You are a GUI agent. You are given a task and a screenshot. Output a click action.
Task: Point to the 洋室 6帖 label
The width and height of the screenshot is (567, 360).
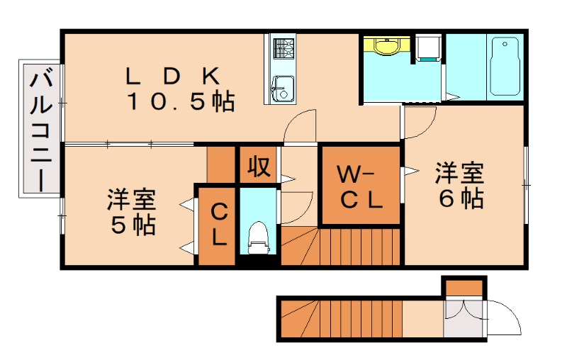coord(459,186)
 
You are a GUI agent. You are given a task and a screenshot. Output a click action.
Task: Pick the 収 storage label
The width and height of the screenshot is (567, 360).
coord(258,166)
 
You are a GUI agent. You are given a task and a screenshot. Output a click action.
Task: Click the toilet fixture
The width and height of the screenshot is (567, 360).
coord(258,237)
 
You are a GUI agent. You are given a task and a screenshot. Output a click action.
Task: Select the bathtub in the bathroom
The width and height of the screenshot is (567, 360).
coord(505,68)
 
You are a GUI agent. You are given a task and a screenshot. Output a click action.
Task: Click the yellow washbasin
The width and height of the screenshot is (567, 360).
coord(386,47)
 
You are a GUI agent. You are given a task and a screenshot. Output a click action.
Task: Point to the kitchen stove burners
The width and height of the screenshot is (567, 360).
coord(283,49)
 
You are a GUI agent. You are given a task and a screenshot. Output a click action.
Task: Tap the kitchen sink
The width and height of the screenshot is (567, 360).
coord(282,89)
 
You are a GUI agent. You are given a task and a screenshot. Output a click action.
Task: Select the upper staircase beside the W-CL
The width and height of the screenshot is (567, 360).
coord(340,246)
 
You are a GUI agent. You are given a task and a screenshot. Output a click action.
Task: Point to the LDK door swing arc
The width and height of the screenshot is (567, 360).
coord(301,127)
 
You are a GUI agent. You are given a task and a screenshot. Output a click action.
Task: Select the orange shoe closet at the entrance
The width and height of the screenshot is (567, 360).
coord(464,287)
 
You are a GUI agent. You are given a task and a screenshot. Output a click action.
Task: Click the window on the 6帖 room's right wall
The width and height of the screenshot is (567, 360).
coord(527,184)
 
